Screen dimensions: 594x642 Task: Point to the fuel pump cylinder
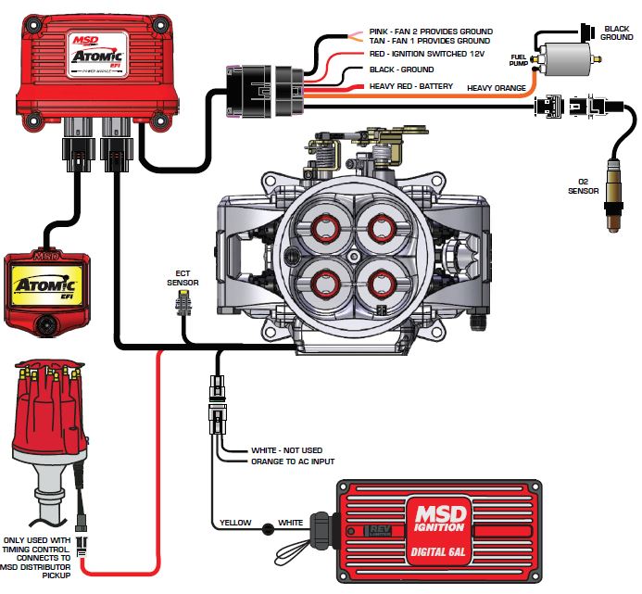pos(566,58)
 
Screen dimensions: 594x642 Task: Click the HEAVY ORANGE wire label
pos(497,88)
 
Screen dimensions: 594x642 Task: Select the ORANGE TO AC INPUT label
pos(293,461)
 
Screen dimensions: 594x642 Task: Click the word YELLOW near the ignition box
pos(235,524)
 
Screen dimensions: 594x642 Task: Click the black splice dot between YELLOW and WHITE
pos(267,529)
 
